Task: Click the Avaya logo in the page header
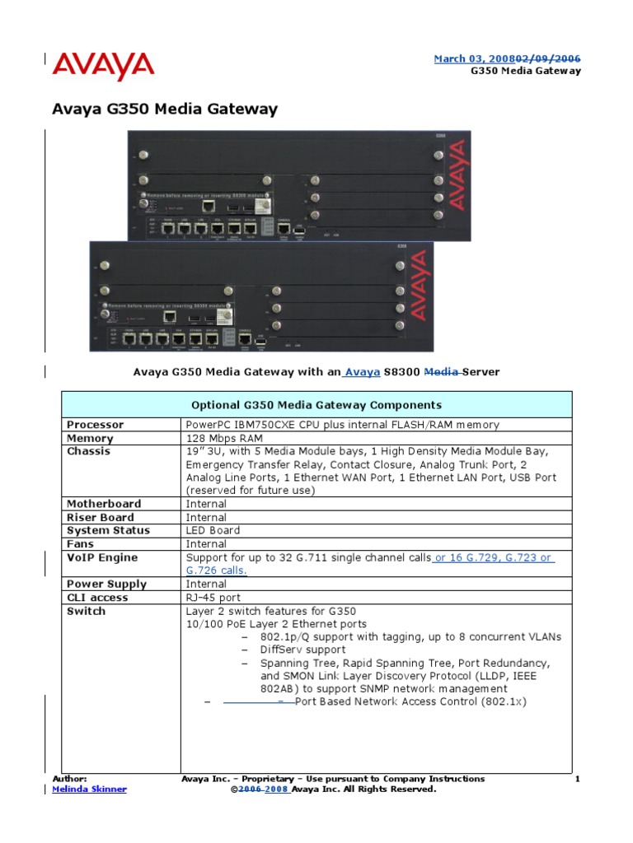click(104, 66)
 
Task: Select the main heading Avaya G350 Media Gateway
click(165, 109)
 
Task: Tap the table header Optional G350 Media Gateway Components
click(316, 405)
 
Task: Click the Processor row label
click(95, 425)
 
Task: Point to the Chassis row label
click(88, 452)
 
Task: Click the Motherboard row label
click(103, 504)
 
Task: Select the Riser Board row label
click(100, 518)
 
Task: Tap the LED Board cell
click(213, 531)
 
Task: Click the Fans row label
click(80, 544)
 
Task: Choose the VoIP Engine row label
click(102, 558)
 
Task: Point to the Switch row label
click(86, 612)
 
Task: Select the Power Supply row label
click(106, 585)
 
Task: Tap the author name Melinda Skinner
click(89, 789)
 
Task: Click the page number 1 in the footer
click(578, 779)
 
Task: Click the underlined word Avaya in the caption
click(363, 372)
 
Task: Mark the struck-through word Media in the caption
click(440, 372)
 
